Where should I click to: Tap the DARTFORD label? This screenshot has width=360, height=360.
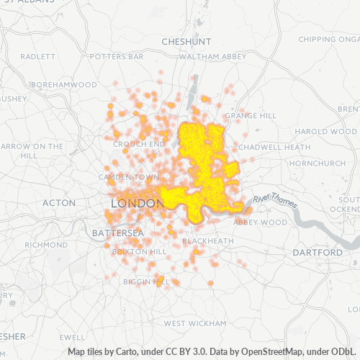coord(318,253)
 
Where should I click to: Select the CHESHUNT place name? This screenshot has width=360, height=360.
coord(186,42)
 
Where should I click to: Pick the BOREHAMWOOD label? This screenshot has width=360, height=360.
coord(64,84)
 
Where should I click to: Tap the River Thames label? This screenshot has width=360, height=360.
coord(275,199)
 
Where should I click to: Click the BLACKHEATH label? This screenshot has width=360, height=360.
coord(207,240)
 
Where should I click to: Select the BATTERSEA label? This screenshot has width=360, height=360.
coord(118,233)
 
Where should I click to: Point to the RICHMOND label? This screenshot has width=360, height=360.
coord(45,245)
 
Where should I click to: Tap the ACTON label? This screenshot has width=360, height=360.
coord(59,203)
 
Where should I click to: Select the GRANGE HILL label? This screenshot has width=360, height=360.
coord(251,115)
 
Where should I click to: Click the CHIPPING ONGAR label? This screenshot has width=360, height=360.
coord(328,39)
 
